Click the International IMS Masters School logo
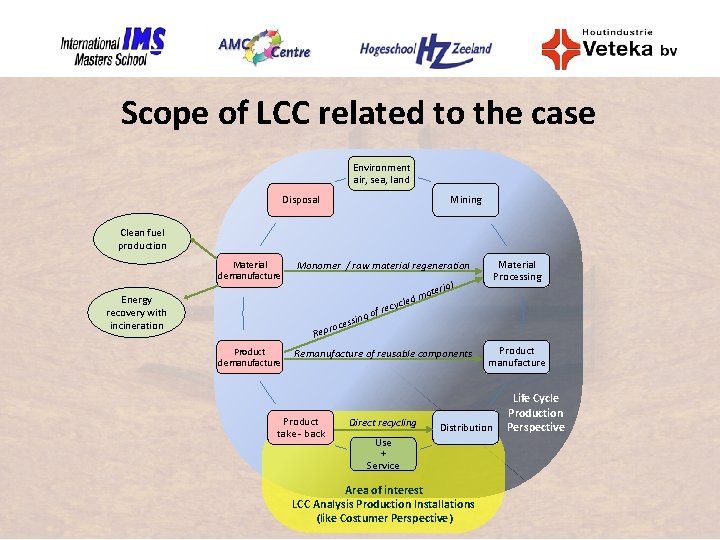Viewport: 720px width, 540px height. [x=112, y=46]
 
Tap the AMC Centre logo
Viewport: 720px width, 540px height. [x=264, y=46]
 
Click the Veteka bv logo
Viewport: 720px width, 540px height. [x=609, y=46]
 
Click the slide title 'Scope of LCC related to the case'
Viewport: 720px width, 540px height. [x=358, y=113]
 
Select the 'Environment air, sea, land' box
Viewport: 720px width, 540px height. [x=381, y=174]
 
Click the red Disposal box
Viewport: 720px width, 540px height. [x=300, y=200]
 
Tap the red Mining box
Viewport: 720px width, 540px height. [x=465, y=200]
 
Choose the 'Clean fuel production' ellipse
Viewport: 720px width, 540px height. [x=143, y=240]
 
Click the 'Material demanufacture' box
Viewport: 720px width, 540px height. [x=250, y=271]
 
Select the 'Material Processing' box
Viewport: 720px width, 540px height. [x=517, y=271]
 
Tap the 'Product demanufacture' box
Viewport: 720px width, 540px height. [x=250, y=357]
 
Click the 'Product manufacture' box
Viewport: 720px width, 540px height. [x=517, y=357]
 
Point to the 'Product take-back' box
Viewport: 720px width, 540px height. [x=301, y=427]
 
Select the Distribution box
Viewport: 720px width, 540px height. [x=466, y=427]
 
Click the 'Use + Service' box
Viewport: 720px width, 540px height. [x=383, y=454]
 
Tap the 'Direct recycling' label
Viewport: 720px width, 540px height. [x=383, y=423]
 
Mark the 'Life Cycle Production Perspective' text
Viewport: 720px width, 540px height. [x=535, y=413]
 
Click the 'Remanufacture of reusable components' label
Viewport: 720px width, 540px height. [x=382, y=354]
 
